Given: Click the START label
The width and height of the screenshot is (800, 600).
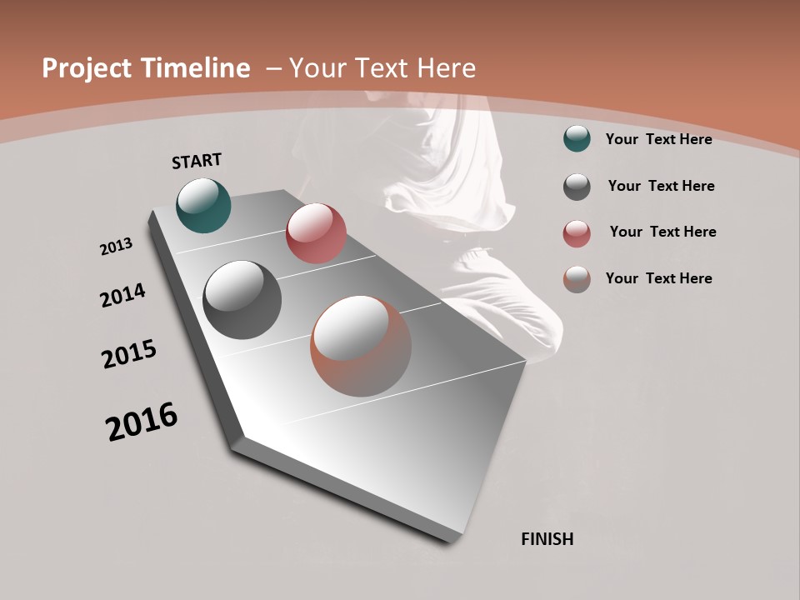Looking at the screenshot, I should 197,161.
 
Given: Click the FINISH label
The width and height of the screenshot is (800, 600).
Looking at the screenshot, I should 547,539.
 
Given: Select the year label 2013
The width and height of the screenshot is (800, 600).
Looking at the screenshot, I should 116,247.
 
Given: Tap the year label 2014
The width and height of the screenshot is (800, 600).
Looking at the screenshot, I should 122,296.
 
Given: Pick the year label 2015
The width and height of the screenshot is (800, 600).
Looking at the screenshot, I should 129,355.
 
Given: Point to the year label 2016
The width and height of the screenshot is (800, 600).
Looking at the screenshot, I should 142,422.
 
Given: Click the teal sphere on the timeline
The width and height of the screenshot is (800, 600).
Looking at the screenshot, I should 203,205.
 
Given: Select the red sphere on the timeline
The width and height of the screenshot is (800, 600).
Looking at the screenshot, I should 316,233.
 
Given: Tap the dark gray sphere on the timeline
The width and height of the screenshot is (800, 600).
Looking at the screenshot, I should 242,300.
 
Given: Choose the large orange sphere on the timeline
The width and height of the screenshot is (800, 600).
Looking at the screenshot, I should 361,346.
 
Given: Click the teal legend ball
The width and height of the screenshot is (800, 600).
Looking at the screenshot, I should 577,139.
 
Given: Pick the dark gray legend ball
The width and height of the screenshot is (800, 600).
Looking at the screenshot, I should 577,187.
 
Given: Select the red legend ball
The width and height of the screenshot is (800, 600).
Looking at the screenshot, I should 577,233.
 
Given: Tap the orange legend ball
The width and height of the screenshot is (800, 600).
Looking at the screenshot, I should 577,279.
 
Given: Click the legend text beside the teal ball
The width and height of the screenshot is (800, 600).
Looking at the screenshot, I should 658,139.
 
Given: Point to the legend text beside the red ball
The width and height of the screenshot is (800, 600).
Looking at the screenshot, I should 662,232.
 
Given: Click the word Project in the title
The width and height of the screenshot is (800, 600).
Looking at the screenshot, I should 87,68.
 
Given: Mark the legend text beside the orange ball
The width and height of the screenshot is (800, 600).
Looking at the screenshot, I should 658,278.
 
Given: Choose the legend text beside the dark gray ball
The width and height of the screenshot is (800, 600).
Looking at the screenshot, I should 661,186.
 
